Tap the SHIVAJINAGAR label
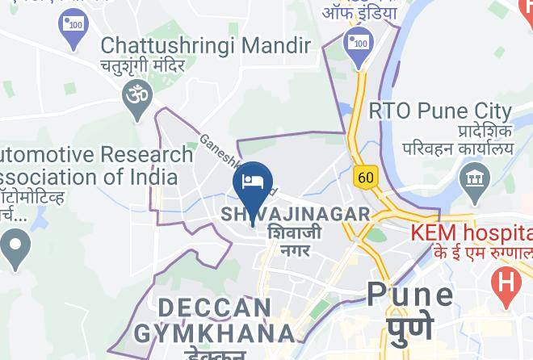(x=295, y=215)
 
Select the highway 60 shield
(x=364, y=175)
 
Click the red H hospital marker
(x=506, y=284)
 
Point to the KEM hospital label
(x=472, y=233)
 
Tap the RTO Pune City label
(x=440, y=111)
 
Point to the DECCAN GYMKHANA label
(x=215, y=320)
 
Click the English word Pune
(x=409, y=294)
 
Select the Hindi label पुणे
(x=410, y=327)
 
